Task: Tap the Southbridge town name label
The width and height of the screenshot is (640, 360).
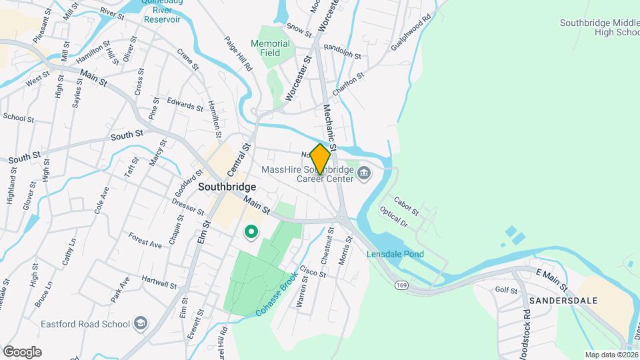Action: [x=227, y=187]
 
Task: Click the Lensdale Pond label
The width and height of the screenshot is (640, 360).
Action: [x=395, y=254]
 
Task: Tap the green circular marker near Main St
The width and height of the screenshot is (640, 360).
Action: [x=251, y=232]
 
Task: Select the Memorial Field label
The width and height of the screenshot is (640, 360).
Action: [x=271, y=49]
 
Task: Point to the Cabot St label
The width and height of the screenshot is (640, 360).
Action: [x=405, y=205]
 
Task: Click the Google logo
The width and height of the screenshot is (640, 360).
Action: [x=22, y=352]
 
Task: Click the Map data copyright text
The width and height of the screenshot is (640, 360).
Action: [x=611, y=355]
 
